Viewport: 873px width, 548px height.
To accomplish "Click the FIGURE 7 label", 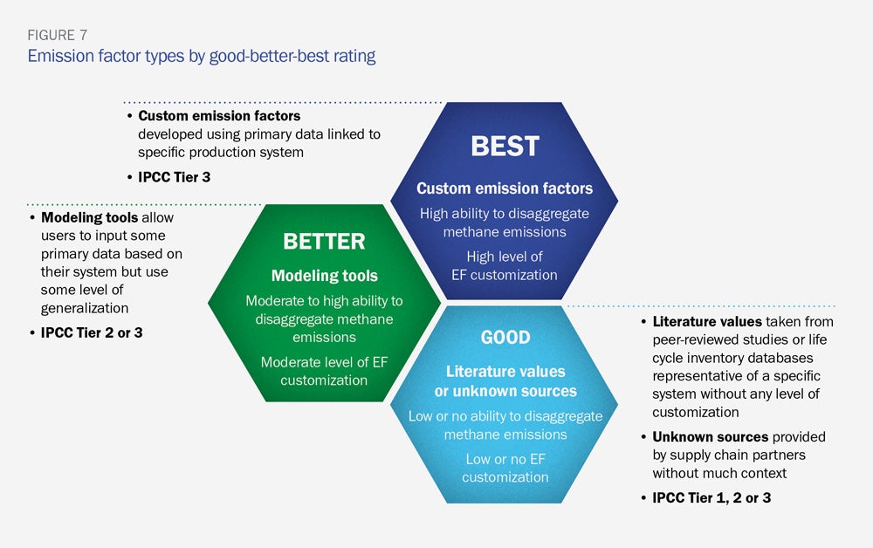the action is [58, 35].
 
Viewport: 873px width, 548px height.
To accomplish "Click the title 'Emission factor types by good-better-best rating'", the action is [202, 56].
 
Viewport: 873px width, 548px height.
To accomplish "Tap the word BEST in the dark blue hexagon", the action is [505, 147].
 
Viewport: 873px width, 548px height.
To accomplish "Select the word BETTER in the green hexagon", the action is [324, 242].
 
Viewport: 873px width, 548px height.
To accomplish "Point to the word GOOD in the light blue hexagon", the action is [505, 337].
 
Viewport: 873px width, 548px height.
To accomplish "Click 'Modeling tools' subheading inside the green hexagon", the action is [325, 276].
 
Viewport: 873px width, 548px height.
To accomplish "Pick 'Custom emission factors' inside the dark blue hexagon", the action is [505, 188].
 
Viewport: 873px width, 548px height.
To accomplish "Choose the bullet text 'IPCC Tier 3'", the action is [175, 177].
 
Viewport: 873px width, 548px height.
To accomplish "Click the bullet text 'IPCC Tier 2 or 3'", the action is [92, 332].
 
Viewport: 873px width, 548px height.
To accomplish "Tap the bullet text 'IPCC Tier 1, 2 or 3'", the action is [711, 498].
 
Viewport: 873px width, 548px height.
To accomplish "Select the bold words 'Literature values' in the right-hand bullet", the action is [707, 322].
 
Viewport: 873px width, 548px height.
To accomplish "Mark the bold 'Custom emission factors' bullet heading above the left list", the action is [219, 116].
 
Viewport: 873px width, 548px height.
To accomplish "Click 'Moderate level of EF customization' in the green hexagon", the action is [324, 371].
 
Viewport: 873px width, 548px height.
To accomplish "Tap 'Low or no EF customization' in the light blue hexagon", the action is [505, 468].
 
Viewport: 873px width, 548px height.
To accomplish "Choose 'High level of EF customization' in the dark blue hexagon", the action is [505, 265].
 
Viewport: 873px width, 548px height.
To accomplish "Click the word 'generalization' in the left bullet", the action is [85, 308].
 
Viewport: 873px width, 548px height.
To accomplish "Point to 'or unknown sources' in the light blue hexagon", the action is [505, 391].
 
